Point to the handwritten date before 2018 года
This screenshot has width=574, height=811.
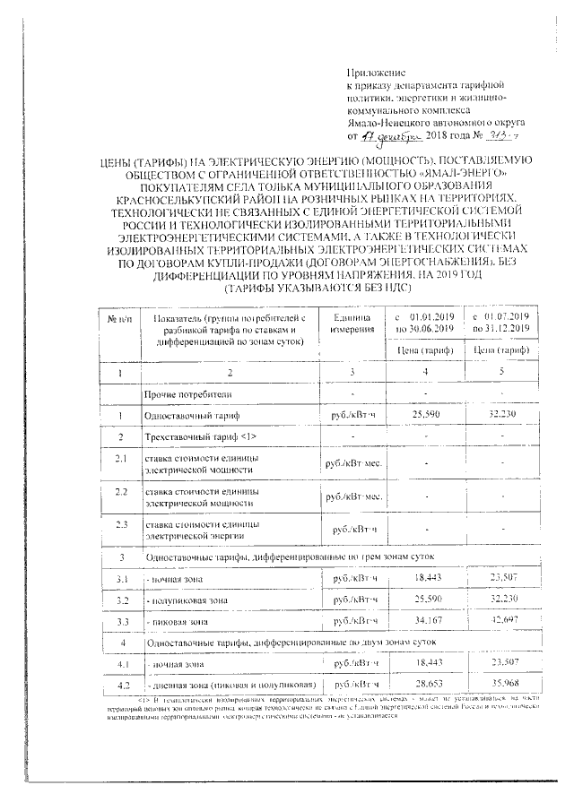pos(386,136)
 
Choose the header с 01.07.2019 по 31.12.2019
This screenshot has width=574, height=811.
pos(501,324)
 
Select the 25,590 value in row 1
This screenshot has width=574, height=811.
pos(426,416)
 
